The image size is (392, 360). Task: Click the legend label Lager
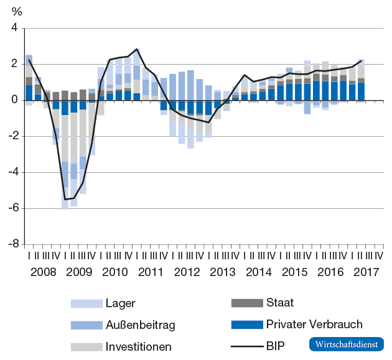tap(121, 303)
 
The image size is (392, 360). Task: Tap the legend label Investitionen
tap(138, 346)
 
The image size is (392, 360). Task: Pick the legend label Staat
tap(279, 303)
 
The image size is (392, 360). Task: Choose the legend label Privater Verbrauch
tap(314, 324)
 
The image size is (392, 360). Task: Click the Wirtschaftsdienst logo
tap(346, 344)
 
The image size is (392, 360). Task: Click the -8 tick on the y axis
tap(12, 244)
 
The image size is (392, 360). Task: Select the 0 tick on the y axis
tap(14, 100)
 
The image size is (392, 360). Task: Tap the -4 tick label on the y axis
tap(12, 172)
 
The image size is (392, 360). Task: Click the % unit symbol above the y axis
tap(17, 11)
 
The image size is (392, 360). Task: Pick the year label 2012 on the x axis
tap(187, 271)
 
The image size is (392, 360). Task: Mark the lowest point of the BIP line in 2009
tap(65, 200)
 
